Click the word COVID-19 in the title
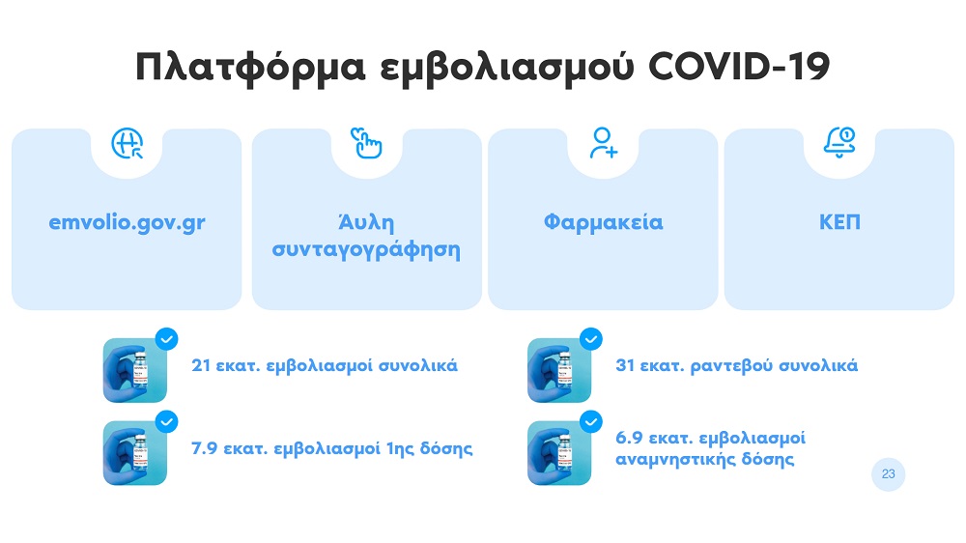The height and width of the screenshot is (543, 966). point(739,66)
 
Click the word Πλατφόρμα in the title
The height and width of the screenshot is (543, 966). point(250,68)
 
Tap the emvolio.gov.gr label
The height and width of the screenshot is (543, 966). point(127,222)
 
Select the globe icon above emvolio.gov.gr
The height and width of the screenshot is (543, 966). point(128,144)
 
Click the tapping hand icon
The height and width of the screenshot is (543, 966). point(366,143)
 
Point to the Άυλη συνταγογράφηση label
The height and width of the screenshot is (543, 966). point(366,236)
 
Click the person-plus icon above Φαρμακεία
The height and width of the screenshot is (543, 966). point(603,143)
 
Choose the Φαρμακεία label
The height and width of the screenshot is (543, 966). point(603,222)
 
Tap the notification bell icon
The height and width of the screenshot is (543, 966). point(839,143)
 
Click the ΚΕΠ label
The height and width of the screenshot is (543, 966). point(839,222)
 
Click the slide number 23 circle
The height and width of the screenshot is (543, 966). point(888,474)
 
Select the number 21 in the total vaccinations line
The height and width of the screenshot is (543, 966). point(201,365)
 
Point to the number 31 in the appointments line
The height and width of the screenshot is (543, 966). point(625,365)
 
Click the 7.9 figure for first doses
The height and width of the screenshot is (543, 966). point(204,448)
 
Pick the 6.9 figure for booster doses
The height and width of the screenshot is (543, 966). point(629,438)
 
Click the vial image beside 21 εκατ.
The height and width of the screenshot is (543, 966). point(135,370)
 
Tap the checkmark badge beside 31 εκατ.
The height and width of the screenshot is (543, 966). point(591,339)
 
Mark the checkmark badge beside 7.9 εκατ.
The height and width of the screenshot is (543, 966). point(166,422)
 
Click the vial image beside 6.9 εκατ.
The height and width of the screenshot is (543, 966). point(559,453)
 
